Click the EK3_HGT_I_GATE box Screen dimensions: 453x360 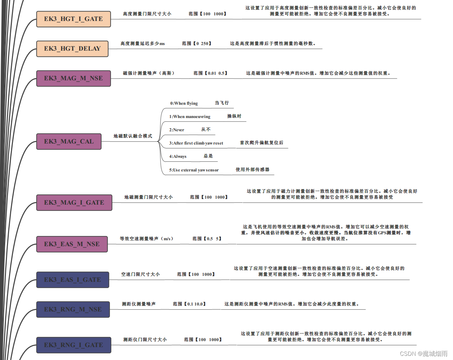point(73,19)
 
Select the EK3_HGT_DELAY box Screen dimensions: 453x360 point(72,49)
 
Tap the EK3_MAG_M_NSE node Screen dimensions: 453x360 point(73,78)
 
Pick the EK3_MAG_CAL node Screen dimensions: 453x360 point(69,141)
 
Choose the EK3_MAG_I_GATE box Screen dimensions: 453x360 point(74,203)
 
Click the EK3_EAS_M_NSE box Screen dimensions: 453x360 point(72,244)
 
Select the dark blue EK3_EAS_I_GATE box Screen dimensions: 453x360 point(73,280)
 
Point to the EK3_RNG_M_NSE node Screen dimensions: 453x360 point(73,309)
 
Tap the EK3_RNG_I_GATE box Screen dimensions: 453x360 point(74,345)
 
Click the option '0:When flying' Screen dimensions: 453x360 point(184,103)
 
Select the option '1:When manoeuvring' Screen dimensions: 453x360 point(190,117)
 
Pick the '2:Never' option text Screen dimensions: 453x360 point(177,130)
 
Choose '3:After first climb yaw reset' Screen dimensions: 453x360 point(196,143)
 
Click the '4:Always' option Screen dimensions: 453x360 point(178,156)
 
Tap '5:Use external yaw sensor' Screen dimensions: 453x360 point(194,170)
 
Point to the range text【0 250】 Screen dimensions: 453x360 point(197,44)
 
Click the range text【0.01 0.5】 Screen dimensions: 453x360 point(210,73)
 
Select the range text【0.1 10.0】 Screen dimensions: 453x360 point(190,304)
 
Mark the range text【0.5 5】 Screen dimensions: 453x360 point(207,239)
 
